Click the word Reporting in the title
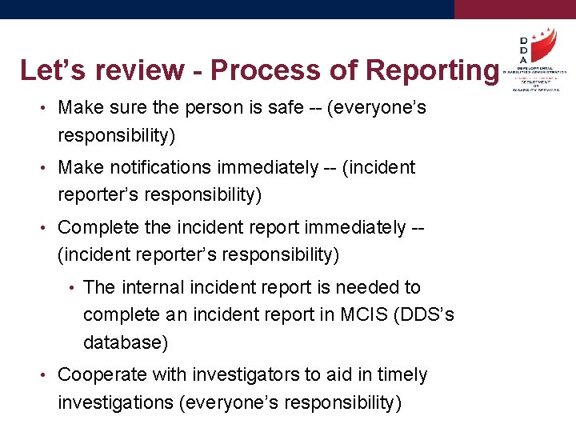point(431,70)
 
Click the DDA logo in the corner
point(534,59)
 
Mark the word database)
point(126,342)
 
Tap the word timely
point(399,374)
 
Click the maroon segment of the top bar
point(514,9)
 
